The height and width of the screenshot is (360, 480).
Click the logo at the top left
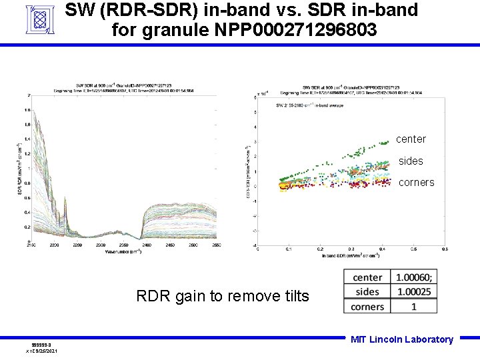pyautogui.click(x=39, y=19)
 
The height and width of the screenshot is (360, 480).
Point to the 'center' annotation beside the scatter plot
pyautogui.click(x=411, y=139)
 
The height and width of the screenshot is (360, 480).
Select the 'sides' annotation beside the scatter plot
pyautogui.click(x=411, y=161)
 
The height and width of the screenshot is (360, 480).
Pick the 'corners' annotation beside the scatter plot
pyautogui.click(x=416, y=183)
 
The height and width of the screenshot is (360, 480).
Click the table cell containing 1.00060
pyautogui.click(x=414, y=277)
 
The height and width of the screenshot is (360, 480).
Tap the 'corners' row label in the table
pyautogui.click(x=367, y=307)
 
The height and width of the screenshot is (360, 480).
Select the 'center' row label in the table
pyautogui.click(x=367, y=277)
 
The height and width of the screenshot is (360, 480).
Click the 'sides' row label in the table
pyautogui.click(x=367, y=292)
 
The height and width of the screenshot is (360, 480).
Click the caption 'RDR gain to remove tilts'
pyautogui.click(x=223, y=296)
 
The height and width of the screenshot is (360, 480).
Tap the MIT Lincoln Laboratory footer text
pyautogui.click(x=402, y=339)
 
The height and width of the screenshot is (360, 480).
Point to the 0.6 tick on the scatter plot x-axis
pyautogui.click(x=414, y=250)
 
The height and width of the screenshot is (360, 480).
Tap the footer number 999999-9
pyautogui.click(x=41, y=345)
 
